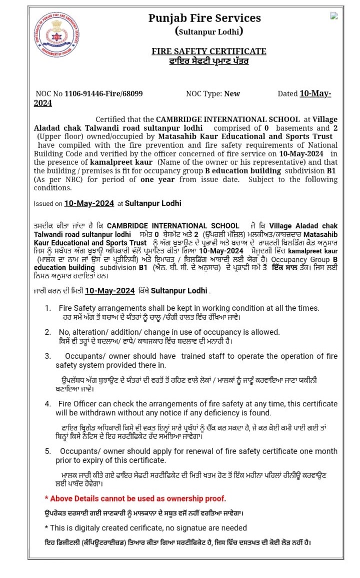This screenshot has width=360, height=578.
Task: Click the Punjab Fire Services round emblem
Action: [57, 34]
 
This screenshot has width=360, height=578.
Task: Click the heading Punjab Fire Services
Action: [204, 19]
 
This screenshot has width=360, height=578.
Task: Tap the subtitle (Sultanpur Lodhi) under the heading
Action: [209, 32]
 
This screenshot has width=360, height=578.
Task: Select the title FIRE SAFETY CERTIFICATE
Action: [209, 52]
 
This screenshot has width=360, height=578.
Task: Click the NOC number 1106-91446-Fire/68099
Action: [103, 94]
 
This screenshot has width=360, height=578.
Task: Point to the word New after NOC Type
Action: [232, 94]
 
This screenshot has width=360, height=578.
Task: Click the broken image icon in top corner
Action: [334, 16]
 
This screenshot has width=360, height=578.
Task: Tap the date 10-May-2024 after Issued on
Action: [89, 204]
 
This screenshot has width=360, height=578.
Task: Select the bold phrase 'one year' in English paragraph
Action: [154, 180]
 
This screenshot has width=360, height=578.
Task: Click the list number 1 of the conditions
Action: [48, 308]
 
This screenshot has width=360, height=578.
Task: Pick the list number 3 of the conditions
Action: [48, 356]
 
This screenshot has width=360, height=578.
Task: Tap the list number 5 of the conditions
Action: [48, 451]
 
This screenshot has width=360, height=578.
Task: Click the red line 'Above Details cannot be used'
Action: [135, 498]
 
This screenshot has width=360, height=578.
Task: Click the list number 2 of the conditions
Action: [48, 332]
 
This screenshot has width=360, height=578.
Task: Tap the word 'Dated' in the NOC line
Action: [287, 94]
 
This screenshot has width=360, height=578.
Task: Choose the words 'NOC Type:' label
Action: [204, 94]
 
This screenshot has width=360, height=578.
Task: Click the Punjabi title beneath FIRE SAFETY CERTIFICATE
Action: [209, 62]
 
